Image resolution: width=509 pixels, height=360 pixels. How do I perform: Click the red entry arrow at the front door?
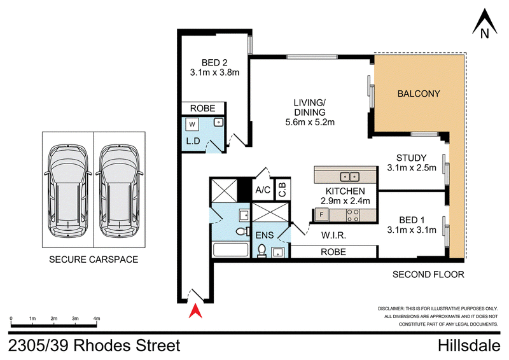click(195, 310)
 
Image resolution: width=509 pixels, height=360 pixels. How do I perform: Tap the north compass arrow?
click(484, 23)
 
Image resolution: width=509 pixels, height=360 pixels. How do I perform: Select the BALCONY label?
click(419, 93)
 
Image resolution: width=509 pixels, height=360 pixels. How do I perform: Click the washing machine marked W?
click(192, 124)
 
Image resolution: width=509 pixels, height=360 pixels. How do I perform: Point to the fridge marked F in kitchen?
click(321, 214)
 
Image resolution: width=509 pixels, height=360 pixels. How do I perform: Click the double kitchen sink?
click(349, 177)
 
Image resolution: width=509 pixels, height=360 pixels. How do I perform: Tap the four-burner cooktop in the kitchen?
click(352, 215)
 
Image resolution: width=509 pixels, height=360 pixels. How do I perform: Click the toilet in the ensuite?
click(261, 251)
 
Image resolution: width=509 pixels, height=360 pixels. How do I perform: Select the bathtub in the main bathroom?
click(231, 249)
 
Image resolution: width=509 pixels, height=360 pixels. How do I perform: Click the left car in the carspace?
click(68, 191)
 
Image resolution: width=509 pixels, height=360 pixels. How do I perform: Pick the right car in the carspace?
click(119, 191)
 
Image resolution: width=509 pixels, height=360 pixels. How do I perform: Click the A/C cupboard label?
click(263, 190)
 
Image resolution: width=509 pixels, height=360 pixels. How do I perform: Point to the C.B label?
click(282, 190)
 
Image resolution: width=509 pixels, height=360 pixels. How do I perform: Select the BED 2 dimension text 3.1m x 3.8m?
click(214, 72)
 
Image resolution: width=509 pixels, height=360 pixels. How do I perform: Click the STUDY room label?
click(411, 158)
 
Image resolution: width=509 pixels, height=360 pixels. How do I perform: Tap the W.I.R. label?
click(333, 235)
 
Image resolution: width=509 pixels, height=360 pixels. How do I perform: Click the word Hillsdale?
click(469, 346)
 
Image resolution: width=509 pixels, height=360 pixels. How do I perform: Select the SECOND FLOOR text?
click(428, 275)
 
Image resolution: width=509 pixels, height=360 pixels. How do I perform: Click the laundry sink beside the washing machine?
click(218, 122)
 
